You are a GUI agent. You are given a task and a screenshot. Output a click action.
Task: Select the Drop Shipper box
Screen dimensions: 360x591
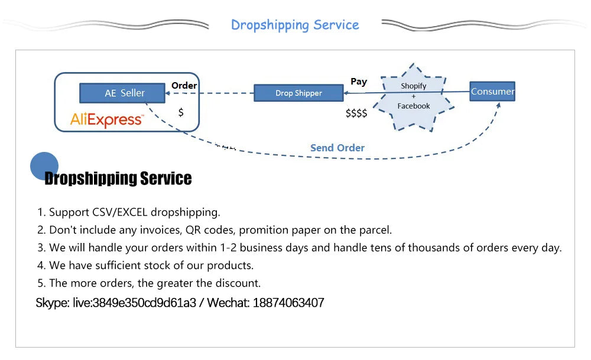point(298,93)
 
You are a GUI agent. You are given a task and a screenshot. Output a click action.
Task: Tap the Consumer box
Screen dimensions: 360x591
point(492,92)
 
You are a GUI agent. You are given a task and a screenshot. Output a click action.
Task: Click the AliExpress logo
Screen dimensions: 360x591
point(107,120)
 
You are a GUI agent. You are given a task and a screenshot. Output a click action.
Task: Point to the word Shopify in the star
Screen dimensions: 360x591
point(414,86)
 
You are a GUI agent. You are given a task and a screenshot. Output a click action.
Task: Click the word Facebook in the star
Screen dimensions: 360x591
point(414,106)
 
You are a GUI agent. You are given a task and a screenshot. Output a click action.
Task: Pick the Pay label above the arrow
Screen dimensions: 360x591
point(359,82)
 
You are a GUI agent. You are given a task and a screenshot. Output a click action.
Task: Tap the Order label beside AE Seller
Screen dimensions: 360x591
point(184,86)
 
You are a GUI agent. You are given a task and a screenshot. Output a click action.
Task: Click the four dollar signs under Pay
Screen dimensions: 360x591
point(356,113)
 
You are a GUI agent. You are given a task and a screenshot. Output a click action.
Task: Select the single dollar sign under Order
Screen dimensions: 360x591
point(181,112)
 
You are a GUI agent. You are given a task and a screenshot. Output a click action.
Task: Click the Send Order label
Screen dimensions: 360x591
point(337,148)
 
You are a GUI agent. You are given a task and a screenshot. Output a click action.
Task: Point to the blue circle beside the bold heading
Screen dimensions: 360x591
point(44,166)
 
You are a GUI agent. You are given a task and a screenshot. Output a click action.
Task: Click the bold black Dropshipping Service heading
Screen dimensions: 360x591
point(118,179)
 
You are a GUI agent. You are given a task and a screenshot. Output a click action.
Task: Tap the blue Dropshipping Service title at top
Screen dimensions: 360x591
point(295,25)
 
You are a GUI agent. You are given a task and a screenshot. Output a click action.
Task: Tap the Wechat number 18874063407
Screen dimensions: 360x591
point(288,303)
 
